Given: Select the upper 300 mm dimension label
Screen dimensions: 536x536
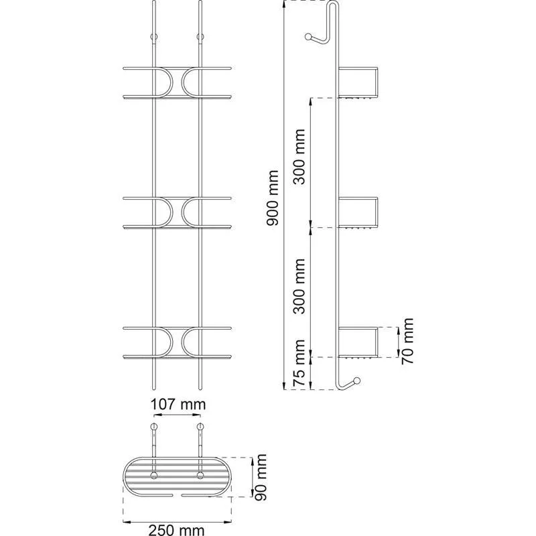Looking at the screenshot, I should point(301,163).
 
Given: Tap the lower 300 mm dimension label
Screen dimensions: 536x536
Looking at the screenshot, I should point(301,292).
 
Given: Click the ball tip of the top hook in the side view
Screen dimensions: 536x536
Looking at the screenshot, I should point(310,38).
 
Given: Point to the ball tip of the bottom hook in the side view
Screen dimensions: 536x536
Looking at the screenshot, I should point(358,381).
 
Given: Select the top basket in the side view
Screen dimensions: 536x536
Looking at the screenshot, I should point(360,82).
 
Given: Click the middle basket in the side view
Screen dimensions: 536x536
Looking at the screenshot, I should point(360,212).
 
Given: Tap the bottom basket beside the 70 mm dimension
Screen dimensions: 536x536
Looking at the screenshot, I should point(360,342).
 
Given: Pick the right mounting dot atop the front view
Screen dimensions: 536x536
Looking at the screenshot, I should point(199,37).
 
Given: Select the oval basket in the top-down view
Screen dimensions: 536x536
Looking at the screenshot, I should point(176,477).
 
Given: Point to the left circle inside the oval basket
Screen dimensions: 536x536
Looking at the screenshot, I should point(154,476).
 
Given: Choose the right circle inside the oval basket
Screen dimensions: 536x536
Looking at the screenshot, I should point(199,476).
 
